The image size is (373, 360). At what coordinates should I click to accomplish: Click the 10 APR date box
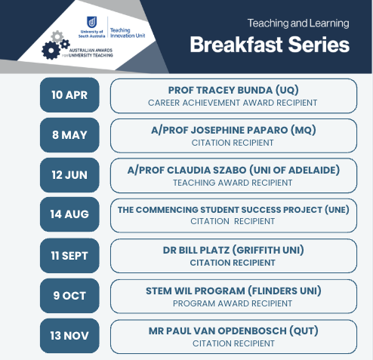(x=69, y=95)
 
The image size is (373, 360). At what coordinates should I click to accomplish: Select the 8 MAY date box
(x=69, y=135)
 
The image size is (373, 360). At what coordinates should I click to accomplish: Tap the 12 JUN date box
(x=69, y=175)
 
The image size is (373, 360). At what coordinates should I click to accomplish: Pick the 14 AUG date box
(x=69, y=214)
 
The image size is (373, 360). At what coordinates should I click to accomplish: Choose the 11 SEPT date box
(x=69, y=256)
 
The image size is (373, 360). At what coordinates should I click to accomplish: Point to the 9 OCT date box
(x=69, y=296)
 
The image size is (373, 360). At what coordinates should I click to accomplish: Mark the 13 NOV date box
(x=69, y=336)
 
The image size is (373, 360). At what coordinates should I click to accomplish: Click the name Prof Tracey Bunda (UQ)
(x=233, y=90)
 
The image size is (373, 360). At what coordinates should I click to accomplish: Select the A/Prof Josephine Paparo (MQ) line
(x=233, y=130)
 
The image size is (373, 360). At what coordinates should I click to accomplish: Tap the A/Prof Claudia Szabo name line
(x=233, y=170)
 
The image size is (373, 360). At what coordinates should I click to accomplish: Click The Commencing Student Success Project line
(x=233, y=210)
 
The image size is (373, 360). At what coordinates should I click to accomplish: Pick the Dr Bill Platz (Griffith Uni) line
(x=233, y=250)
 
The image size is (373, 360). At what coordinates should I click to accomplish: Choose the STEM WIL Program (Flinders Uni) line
(x=233, y=291)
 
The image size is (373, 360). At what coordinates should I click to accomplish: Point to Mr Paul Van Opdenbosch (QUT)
(x=233, y=331)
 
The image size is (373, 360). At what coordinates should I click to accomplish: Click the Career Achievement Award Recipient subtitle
(x=233, y=103)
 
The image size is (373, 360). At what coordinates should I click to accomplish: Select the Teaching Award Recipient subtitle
(x=233, y=183)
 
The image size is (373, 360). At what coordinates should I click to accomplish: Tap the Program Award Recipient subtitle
(x=233, y=303)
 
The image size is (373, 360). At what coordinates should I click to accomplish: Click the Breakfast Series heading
(x=270, y=45)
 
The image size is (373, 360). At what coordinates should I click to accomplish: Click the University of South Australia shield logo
(x=91, y=22)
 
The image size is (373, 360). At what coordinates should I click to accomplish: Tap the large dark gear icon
(x=51, y=51)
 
